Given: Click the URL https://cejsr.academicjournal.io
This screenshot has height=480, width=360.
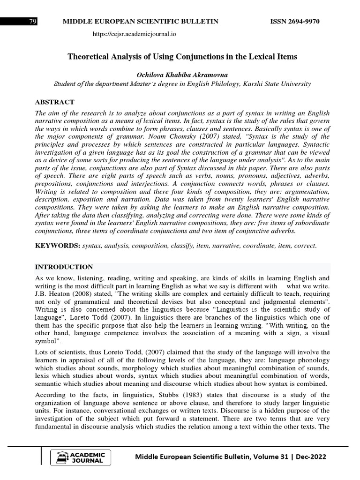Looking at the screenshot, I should tap(135, 34).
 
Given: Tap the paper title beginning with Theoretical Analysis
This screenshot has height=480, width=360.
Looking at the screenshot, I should tap(182, 57).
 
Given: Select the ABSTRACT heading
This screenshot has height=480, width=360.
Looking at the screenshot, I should tap(55, 102).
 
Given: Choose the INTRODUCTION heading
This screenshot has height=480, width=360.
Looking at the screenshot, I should tap(64, 267).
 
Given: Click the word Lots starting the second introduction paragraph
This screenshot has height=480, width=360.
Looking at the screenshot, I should tap(43, 352).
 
